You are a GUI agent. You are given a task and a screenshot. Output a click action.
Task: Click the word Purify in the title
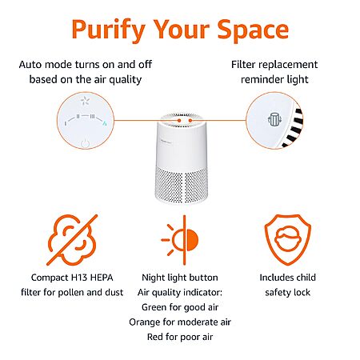[x=109, y=30]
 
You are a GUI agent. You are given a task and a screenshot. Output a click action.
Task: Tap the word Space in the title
[x=253, y=30]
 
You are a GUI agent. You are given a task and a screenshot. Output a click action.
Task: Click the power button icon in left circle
[x=85, y=143]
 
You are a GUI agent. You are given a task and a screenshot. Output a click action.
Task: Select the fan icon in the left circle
[x=85, y=101]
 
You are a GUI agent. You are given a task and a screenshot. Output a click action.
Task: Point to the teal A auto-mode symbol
[x=105, y=123]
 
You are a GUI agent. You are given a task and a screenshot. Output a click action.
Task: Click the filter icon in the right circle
[x=274, y=119]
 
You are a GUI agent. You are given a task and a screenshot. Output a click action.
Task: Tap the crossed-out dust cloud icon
[x=72, y=240]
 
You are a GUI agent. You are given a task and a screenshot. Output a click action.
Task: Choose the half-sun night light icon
[x=180, y=240]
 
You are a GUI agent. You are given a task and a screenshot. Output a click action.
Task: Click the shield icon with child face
[x=288, y=239]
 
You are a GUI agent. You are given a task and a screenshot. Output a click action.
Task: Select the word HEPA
[x=102, y=278]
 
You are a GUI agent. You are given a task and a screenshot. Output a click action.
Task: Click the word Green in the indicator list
[x=154, y=307]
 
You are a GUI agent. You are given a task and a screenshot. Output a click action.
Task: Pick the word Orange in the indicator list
[x=145, y=322]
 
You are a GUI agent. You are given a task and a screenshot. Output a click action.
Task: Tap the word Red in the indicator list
[x=155, y=337]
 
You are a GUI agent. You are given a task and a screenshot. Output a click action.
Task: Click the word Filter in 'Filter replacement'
[x=243, y=65]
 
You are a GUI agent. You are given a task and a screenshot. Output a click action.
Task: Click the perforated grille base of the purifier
[x=181, y=185]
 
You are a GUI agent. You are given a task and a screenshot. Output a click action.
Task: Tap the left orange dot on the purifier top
[x=179, y=121]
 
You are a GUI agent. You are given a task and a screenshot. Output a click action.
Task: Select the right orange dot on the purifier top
[x=190, y=121]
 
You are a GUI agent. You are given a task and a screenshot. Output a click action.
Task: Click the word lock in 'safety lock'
[x=300, y=293]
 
